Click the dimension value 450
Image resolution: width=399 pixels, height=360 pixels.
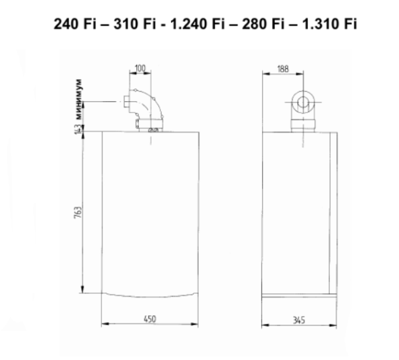pos(150,319)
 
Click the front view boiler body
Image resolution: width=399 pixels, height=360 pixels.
pos(150,213)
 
